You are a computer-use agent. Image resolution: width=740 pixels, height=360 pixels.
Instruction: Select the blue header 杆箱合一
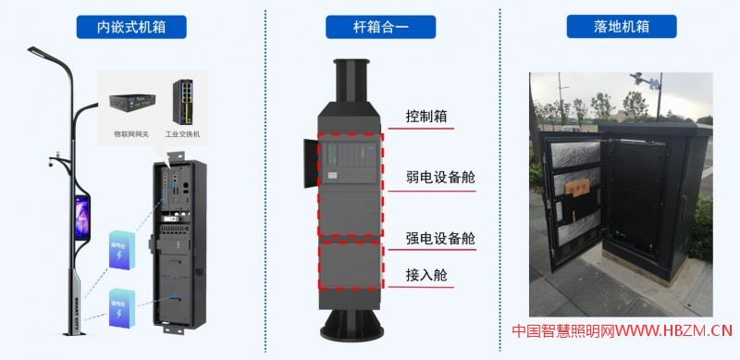coord(380,27)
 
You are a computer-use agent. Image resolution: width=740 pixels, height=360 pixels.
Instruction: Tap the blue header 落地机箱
coord(622,27)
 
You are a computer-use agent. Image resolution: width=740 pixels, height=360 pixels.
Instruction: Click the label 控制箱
coord(426,118)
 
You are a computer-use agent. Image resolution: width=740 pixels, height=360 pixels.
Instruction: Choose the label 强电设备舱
coord(440,238)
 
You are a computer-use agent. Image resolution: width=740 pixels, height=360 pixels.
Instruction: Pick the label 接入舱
coord(426,275)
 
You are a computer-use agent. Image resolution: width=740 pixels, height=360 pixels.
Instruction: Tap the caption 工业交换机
coord(182,133)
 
